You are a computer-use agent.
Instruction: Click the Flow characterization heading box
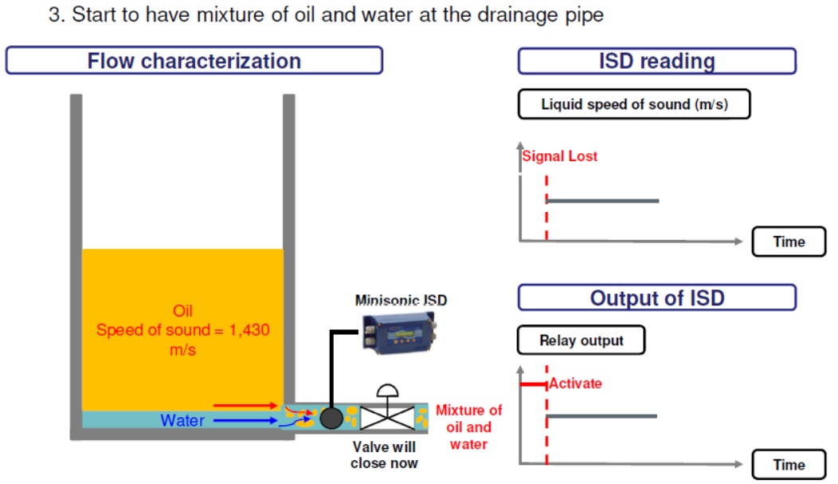(x=194, y=61)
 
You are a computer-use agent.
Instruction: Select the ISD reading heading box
(x=657, y=61)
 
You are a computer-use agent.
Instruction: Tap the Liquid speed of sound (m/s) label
(x=634, y=104)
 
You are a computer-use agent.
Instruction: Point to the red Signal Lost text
(x=559, y=156)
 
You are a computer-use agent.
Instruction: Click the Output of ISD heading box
(x=657, y=297)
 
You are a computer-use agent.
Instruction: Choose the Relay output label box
(x=581, y=340)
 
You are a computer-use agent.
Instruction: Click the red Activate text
(x=576, y=384)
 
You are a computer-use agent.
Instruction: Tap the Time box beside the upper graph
(x=789, y=242)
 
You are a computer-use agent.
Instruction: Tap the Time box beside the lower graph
(x=789, y=465)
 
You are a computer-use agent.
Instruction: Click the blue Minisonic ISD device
(x=398, y=334)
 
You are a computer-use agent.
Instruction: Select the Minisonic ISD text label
(x=401, y=300)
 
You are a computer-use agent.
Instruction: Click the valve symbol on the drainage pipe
(x=387, y=409)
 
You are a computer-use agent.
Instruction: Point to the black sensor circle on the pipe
(x=331, y=418)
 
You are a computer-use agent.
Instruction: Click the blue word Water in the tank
(x=182, y=420)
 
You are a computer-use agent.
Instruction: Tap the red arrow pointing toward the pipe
(x=245, y=406)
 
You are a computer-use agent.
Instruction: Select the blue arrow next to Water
(x=245, y=421)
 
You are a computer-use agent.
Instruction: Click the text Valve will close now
(x=384, y=455)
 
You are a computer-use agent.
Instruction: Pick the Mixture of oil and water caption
(x=468, y=427)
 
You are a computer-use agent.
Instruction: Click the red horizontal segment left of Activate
(x=534, y=384)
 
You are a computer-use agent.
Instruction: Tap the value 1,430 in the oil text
(x=249, y=330)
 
